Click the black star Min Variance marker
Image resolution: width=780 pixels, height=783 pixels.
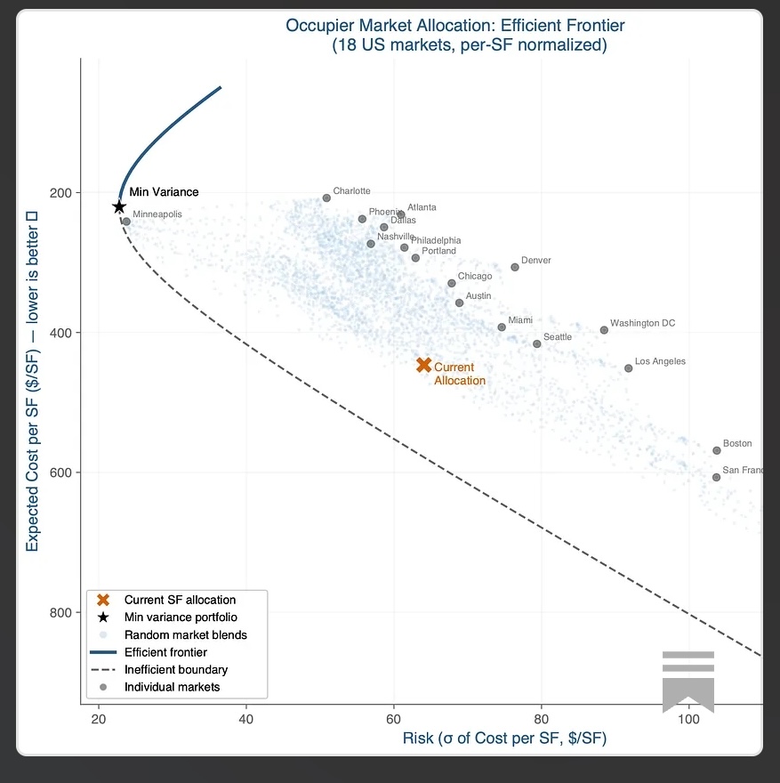click(x=119, y=206)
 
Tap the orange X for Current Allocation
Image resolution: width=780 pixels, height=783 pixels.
click(x=424, y=365)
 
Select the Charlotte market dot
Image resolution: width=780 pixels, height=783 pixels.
click(x=326, y=198)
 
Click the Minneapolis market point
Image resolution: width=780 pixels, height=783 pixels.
click(x=126, y=222)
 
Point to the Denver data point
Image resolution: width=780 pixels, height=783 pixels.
click(x=515, y=267)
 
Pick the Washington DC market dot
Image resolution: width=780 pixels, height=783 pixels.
click(x=604, y=330)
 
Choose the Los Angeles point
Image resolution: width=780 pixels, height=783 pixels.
click(x=629, y=367)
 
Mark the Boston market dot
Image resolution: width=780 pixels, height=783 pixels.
click(x=717, y=450)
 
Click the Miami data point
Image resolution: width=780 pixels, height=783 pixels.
click(x=502, y=327)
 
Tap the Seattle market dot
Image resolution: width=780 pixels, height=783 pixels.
click(x=537, y=343)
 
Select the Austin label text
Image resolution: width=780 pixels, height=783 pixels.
click(x=478, y=295)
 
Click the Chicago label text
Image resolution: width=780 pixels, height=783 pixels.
click(x=475, y=277)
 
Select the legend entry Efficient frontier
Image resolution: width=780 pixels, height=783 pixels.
click(x=165, y=652)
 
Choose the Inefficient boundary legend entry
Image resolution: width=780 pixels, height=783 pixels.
click(x=176, y=669)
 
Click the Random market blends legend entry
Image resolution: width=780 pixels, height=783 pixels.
click(x=185, y=635)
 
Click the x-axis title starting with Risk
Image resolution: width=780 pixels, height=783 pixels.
click(x=504, y=739)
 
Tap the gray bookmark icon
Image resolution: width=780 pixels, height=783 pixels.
click(x=688, y=682)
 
